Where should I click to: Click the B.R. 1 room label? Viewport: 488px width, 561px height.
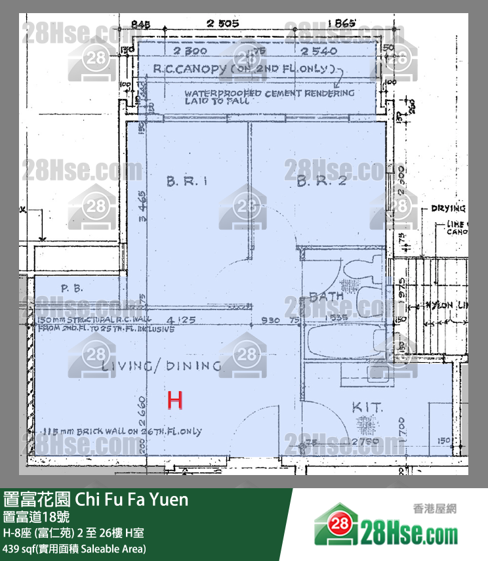pos(187,182)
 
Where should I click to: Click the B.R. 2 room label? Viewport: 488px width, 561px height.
pos(321,182)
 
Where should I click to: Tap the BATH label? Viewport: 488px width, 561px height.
pos(326,297)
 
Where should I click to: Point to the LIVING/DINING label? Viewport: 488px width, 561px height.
pos(161,366)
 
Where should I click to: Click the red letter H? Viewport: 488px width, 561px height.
pos(174,400)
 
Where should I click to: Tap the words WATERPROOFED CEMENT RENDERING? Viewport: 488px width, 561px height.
pos(269,93)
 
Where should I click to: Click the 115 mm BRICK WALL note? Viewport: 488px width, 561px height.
pos(120,431)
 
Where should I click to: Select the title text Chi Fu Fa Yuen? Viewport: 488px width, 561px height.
pos(131,500)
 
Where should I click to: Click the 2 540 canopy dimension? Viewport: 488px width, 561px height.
pos(319,51)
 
